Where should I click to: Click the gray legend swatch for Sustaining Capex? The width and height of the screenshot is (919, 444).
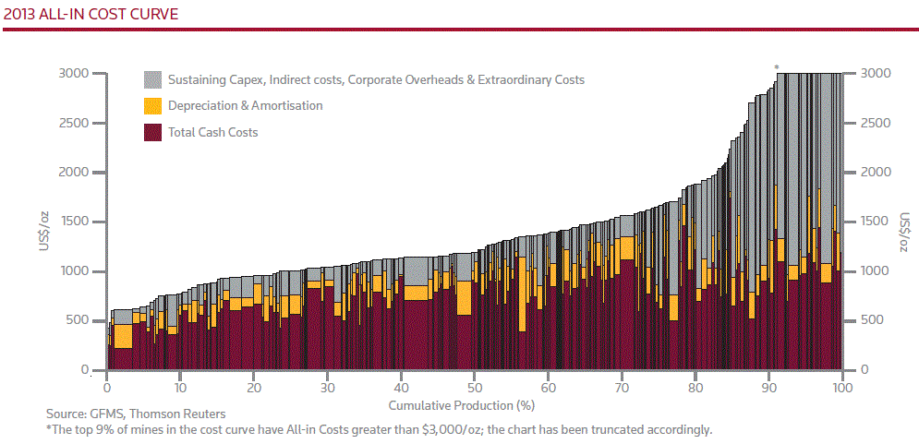pyautogui.click(x=153, y=80)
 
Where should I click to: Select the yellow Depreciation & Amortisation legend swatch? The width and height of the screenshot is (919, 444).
pyautogui.click(x=153, y=106)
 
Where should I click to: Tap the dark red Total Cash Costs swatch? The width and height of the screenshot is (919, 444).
pyautogui.click(x=153, y=132)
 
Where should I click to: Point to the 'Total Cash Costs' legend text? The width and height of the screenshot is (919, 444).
pyautogui.click(x=212, y=132)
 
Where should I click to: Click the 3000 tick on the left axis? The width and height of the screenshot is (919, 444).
pyautogui.click(x=73, y=73)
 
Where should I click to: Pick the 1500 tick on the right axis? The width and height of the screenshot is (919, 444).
pyautogui.click(x=876, y=222)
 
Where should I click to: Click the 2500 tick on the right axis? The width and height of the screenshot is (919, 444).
pyautogui.click(x=876, y=123)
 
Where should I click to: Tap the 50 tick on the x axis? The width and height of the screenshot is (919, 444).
pyautogui.click(x=475, y=389)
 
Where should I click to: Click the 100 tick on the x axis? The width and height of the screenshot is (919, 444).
pyautogui.click(x=840, y=389)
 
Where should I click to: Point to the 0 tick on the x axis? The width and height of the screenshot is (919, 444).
pyautogui.click(x=107, y=389)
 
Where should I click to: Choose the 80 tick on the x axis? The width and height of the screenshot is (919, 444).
pyautogui.click(x=695, y=389)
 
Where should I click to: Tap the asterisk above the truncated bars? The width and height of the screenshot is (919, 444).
pyautogui.click(x=777, y=67)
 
